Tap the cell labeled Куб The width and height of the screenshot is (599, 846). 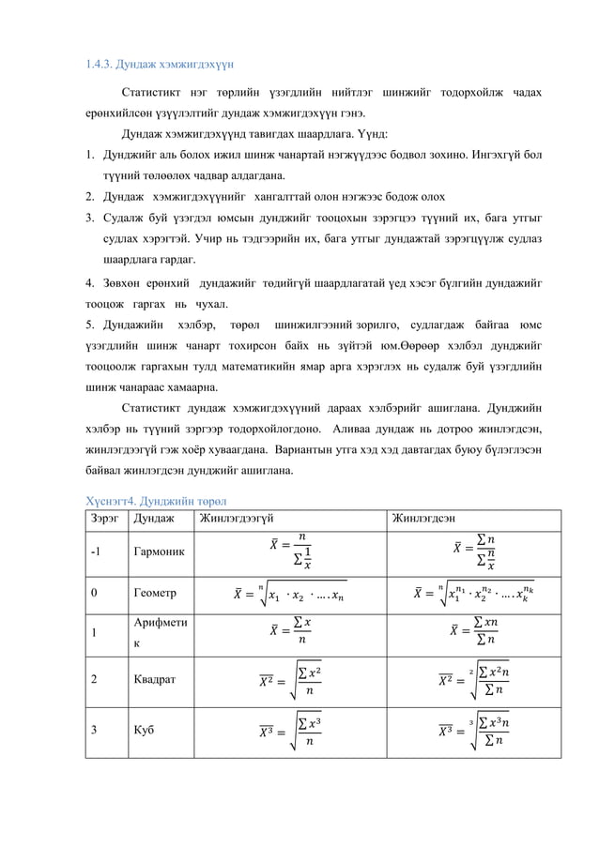(x=145, y=726)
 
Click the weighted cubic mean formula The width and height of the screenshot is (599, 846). (x=470, y=727)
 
